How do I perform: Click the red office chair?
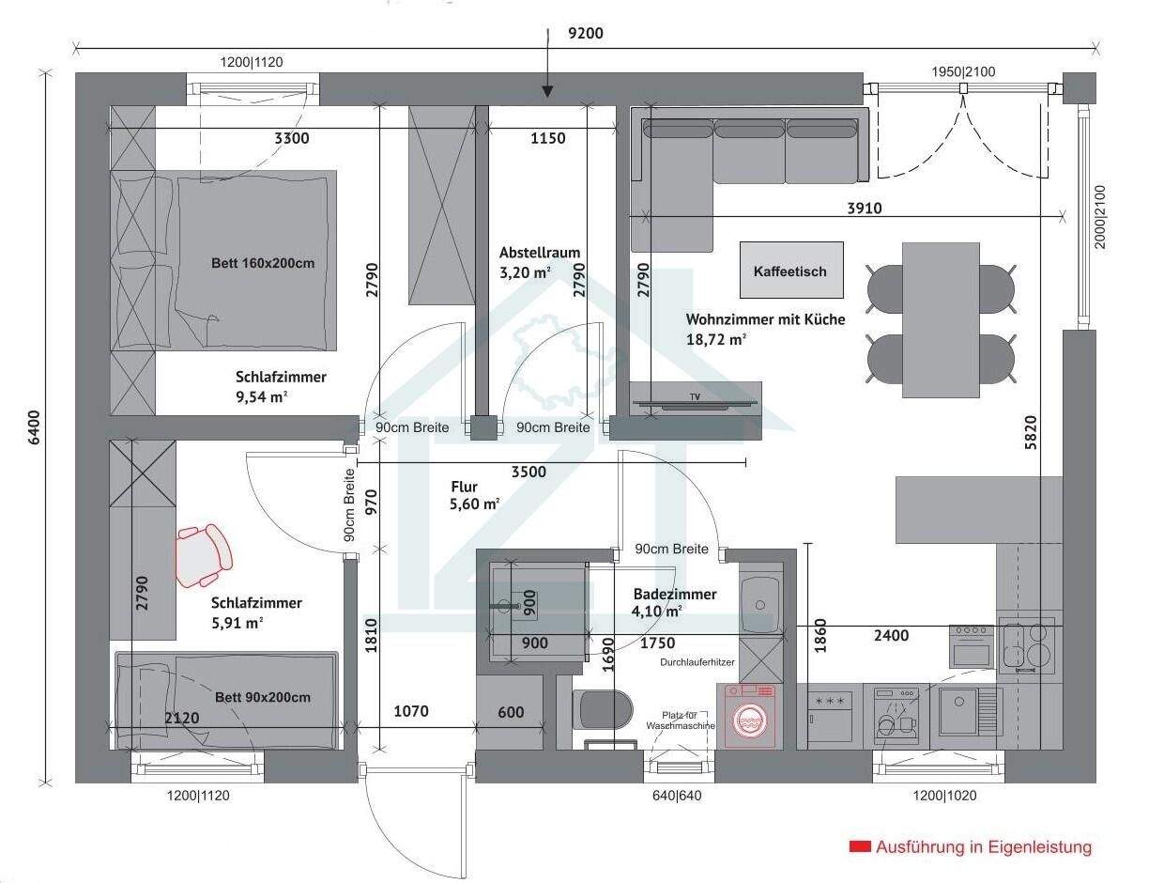[x=204, y=553]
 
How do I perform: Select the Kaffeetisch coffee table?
[x=790, y=271]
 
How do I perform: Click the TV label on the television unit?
[x=695, y=397]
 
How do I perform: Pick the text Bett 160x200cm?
[x=262, y=263]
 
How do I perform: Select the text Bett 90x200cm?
[x=262, y=697]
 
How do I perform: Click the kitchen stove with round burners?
[x=1028, y=645]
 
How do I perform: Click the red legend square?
[x=859, y=846]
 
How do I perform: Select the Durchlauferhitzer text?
[x=697, y=662]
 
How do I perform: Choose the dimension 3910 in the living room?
[x=864, y=209]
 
